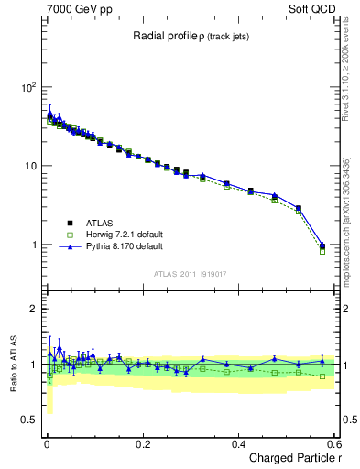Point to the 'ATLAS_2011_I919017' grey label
(x=190, y=274)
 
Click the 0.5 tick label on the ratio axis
(x=27, y=420)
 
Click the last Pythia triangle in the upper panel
(x=322, y=245)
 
